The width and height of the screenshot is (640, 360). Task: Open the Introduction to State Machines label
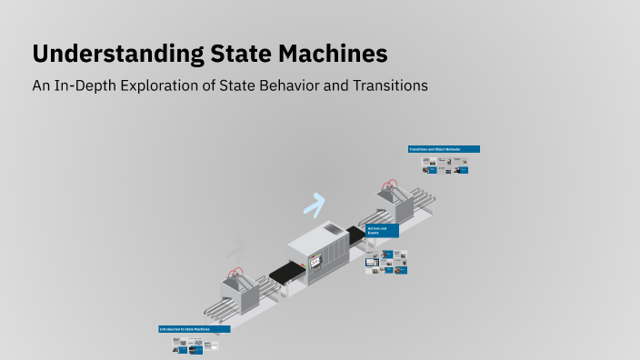coord(194,329)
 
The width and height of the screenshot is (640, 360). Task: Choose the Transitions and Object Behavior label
coord(444,149)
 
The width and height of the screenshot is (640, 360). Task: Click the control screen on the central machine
coord(315,264)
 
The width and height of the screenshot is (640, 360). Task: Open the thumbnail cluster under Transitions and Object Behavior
coord(445,165)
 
